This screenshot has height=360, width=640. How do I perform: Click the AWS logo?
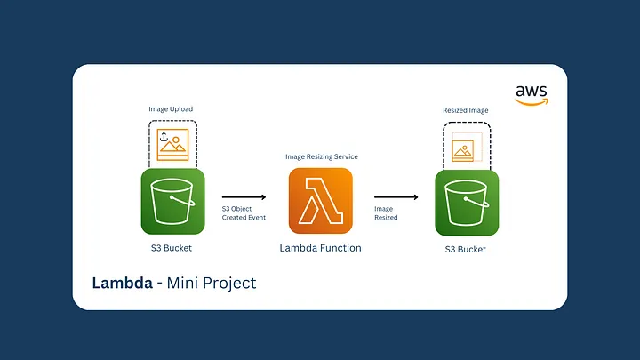coord(532,94)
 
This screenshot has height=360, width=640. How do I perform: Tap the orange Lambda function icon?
coord(321,200)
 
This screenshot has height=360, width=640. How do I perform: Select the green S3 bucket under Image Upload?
coord(172,201)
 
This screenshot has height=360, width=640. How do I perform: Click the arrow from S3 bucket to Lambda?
coord(244,197)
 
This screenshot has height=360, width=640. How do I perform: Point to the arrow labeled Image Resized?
coord(396,197)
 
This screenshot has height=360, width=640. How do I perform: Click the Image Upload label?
coord(171,109)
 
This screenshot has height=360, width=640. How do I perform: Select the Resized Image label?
coord(466,110)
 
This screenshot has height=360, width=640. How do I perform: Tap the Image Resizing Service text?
coord(321,156)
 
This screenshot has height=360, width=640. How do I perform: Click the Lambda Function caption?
coord(321,248)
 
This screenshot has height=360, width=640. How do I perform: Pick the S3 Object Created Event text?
coord(244,212)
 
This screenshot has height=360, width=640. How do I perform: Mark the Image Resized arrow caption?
coord(386,212)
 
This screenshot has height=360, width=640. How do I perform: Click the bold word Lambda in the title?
coord(124,283)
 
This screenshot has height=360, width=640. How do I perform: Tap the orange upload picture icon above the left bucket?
coord(172,143)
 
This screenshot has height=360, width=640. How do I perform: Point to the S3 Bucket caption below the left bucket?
coord(172,248)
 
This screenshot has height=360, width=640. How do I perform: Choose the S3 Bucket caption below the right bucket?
coord(466,250)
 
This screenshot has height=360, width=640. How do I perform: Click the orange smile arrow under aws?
coord(532,101)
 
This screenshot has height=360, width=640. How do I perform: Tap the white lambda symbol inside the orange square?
coord(321,200)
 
